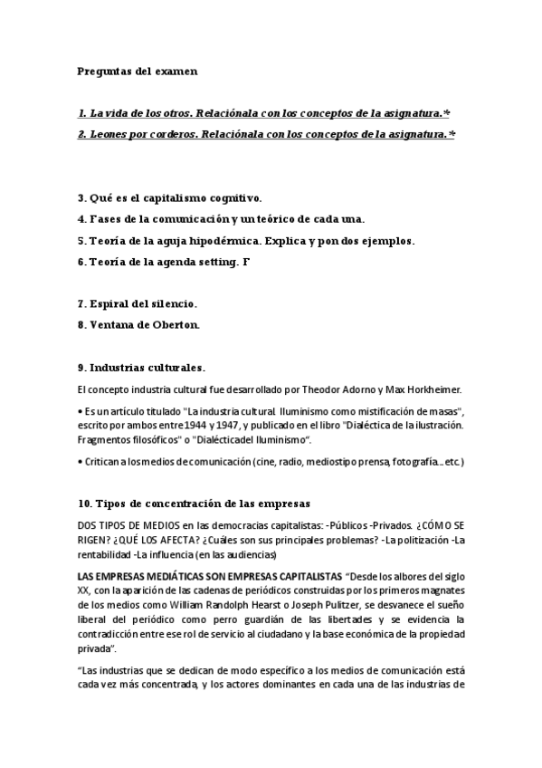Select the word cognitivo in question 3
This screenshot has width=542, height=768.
[x=231, y=197]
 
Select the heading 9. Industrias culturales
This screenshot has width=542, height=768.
[x=141, y=368]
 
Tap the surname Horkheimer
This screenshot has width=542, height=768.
[x=432, y=389]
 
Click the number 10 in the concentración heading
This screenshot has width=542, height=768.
[x=84, y=504]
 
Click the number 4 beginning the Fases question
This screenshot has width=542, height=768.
[x=81, y=218]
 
